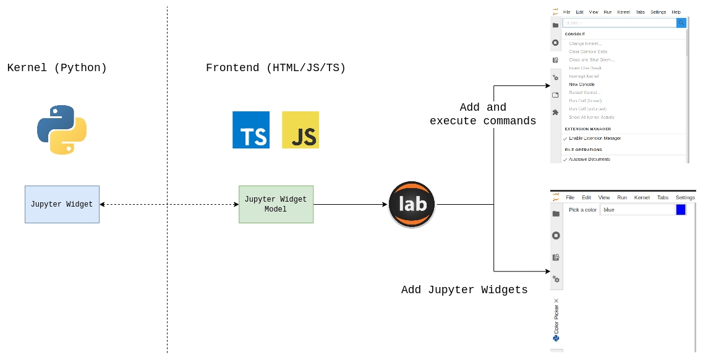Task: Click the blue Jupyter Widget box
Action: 62,204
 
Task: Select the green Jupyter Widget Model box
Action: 276,204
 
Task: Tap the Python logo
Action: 62,129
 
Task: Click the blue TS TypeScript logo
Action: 250,130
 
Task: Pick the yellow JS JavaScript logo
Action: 300,130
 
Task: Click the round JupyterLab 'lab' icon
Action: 412,204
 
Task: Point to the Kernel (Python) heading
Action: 57,68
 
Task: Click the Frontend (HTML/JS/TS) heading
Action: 276,68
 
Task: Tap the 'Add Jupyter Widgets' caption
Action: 464,289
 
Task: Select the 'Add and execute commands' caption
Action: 483,114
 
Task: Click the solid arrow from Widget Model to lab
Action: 350,204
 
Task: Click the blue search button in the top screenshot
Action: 681,23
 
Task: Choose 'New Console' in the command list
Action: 582,84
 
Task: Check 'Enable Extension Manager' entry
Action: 595,139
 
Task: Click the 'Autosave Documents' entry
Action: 589,160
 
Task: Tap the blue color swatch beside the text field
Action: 681,210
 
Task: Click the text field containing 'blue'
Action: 637,210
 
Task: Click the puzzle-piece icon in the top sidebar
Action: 555,112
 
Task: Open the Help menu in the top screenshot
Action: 676,12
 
